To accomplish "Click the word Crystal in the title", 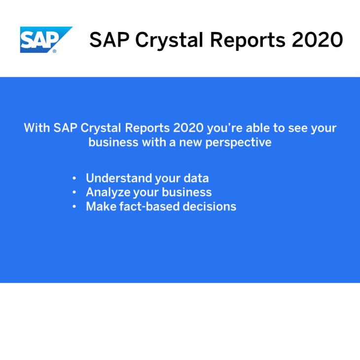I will pos(166,40).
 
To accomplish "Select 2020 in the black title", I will pos(317,39).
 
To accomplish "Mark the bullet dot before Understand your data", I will pos(74,178).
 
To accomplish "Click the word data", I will pos(196,178).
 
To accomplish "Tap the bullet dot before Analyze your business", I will pos(74,192).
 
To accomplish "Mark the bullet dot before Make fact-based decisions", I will pos(74,206).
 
